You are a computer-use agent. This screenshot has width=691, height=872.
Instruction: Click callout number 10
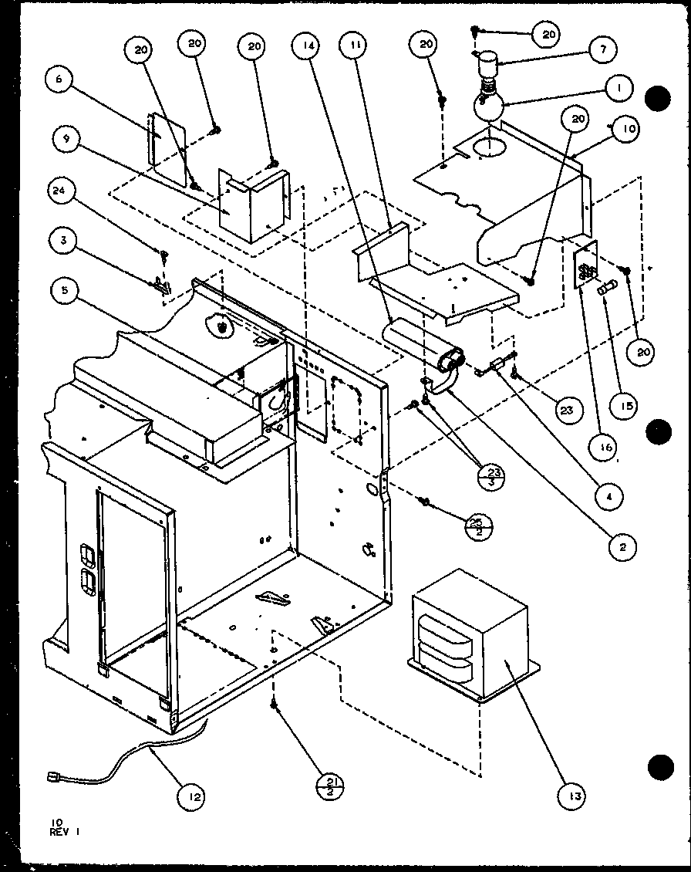pos(629,130)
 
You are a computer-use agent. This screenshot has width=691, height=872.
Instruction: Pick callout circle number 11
pos(356,48)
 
